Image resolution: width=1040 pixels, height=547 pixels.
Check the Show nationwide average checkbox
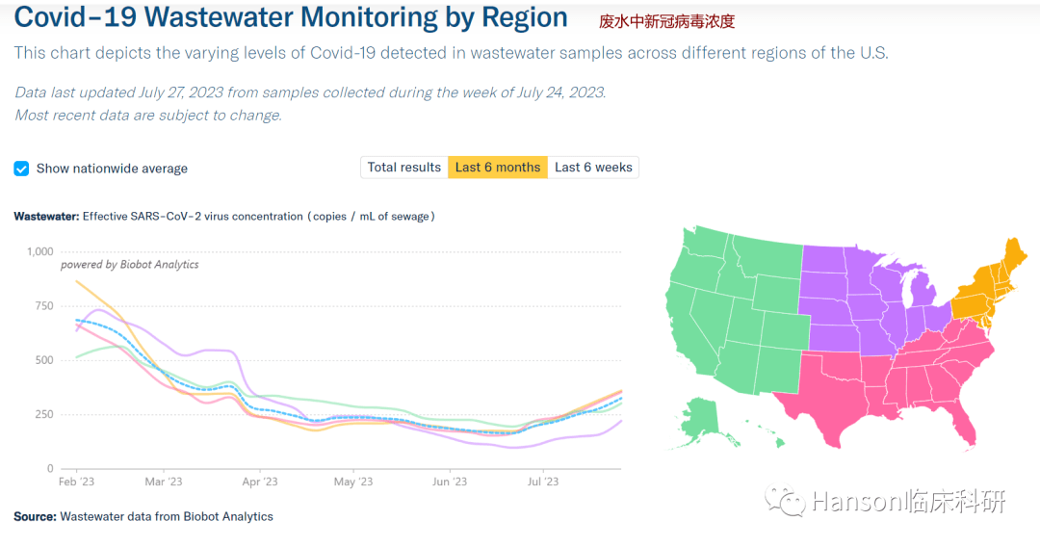point(21,169)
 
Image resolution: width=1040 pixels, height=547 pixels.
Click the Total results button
point(404,168)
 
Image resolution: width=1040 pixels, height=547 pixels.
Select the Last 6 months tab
point(498,168)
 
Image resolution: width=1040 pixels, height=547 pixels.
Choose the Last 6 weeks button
point(593,168)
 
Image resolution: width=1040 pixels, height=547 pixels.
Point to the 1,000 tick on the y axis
point(40,251)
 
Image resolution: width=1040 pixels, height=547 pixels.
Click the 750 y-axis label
point(44,306)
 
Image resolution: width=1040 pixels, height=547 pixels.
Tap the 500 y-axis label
point(44,360)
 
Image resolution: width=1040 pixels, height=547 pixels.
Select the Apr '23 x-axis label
point(259,482)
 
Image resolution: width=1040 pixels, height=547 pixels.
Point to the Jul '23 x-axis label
point(543,482)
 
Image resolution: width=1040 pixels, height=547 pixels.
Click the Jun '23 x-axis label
point(449,482)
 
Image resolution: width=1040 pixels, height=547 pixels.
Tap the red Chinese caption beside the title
point(666,21)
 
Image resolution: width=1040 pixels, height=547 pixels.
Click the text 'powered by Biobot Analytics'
point(130,264)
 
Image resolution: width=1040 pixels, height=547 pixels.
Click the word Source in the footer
point(35,517)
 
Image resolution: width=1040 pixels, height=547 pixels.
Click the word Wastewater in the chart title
point(46,217)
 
